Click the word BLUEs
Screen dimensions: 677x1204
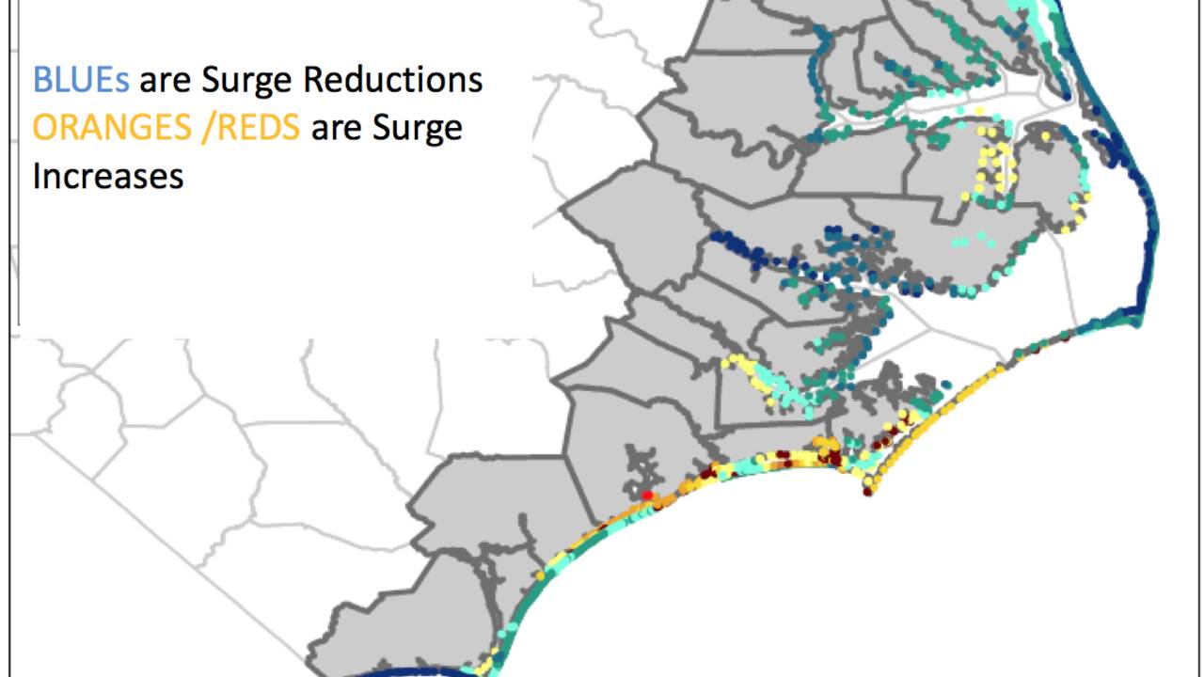click(81, 80)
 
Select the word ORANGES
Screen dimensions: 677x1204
click(113, 128)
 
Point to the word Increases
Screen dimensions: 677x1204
click(107, 176)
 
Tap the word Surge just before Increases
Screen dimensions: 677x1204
click(418, 129)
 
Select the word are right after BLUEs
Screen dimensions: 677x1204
click(164, 81)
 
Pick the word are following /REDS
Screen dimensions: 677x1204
click(335, 128)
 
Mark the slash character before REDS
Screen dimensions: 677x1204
click(206, 129)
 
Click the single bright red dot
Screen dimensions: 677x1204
click(647, 495)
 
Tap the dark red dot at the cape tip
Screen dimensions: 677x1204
click(868, 491)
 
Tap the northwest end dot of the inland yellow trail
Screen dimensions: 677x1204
click(725, 360)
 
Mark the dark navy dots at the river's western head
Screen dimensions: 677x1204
click(717, 237)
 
